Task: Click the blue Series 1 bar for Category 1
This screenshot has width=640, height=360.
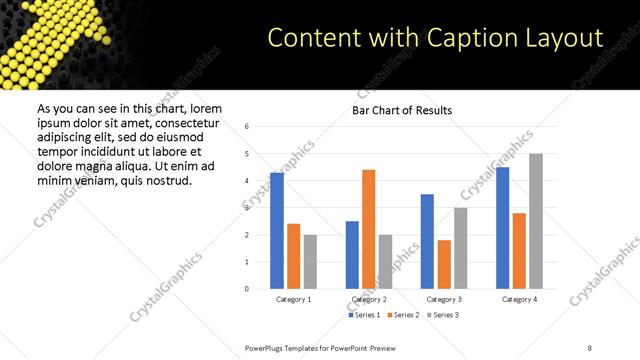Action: coord(277,231)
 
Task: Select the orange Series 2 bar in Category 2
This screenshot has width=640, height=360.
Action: coord(368,229)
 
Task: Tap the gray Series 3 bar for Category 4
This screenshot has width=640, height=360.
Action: coord(535,221)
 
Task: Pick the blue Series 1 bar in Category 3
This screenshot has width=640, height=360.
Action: coord(427,241)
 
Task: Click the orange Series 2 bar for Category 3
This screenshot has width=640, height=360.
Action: coord(444,264)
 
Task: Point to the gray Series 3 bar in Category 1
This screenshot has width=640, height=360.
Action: coord(310,262)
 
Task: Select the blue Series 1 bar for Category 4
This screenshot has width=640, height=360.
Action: coord(502,228)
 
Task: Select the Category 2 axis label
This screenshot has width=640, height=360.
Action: coord(368,299)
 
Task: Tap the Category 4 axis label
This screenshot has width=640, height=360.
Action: coord(518,299)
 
